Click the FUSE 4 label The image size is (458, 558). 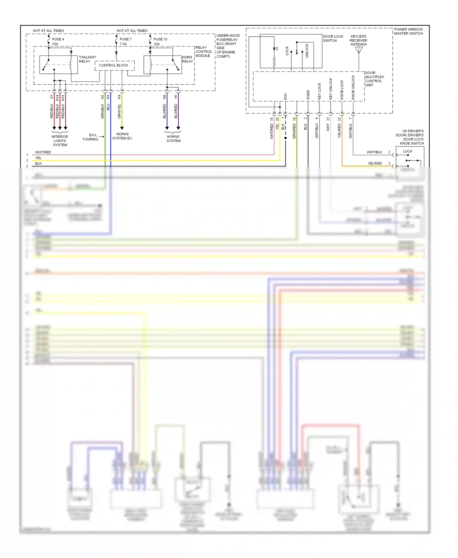click(x=58, y=39)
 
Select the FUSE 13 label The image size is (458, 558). click(x=160, y=39)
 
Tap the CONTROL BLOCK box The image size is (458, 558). click(x=114, y=65)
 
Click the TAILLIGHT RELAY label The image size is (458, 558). click(x=87, y=59)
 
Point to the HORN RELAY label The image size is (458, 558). click(x=187, y=59)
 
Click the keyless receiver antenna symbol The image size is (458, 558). click(x=359, y=50)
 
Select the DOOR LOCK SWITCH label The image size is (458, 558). click(x=333, y=38)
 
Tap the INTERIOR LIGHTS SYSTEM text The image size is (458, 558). click(x=60, y=141)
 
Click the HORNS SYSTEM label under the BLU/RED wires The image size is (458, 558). click(x=173, y=139)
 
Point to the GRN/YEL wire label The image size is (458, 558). click(x=119, y=111)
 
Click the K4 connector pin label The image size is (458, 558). click(x=119, y=97)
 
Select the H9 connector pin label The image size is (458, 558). click(x=165, y=97)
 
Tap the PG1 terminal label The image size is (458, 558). click(x=285, y=96)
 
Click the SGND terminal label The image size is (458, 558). click(x=308, y=95)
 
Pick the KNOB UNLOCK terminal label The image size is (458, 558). click(x=353, y=87)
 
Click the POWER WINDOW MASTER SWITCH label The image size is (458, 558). click(x=408, y=31)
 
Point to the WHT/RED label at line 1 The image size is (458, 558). click(x=43, y=152)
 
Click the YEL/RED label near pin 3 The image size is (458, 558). click(x=375, y=163)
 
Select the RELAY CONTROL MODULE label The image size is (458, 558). click(x=203, y=52)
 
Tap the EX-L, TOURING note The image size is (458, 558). click(x=90, y=137)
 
